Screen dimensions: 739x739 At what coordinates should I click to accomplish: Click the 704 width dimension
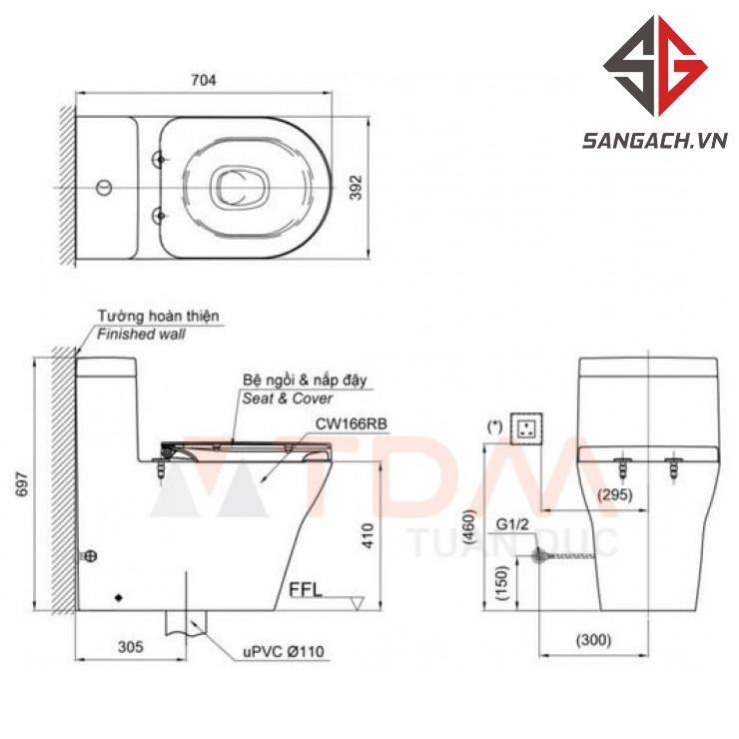pos(204,80)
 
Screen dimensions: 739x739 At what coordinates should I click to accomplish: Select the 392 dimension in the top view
pos(357,188)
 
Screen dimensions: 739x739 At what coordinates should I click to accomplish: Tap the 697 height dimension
pos(22,483)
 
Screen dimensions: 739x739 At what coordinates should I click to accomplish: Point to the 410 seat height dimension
pos(368,535)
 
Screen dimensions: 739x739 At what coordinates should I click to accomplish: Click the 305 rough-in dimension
pos(131,647)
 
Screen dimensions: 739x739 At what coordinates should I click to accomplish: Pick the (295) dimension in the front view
pos(614,495)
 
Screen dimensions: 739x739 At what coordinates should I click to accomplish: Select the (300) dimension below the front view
pos(594,640)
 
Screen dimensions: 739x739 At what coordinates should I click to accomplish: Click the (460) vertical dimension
pos(470,527)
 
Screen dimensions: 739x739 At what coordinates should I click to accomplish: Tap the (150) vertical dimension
pos(503,582)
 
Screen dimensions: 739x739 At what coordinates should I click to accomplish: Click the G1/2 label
pos(512,524)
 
